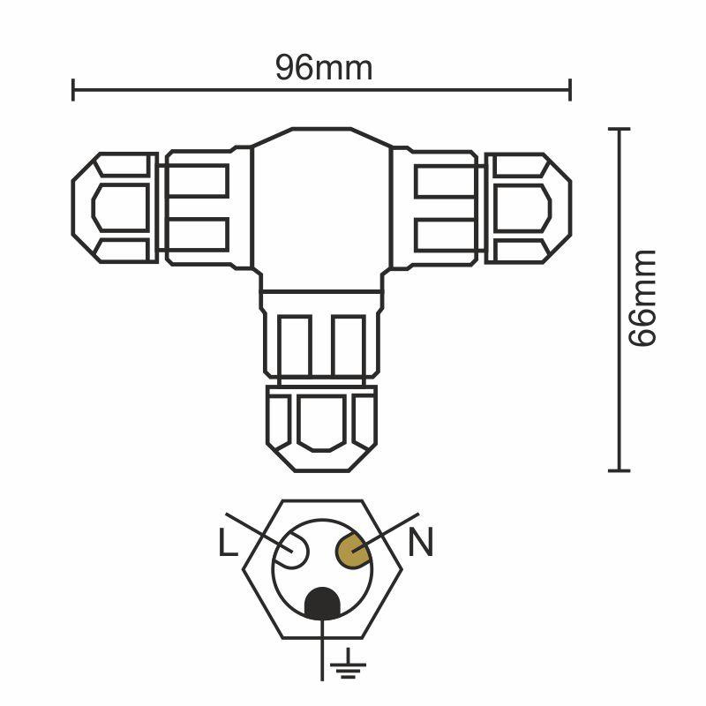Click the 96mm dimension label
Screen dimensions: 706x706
point(323,68)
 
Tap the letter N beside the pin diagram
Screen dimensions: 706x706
point(421,544)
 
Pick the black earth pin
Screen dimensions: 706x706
point(324,605)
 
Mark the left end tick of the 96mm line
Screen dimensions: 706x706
point(73,88)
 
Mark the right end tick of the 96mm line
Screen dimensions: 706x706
point(571,88)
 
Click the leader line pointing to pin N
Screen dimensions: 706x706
point(388,532)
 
